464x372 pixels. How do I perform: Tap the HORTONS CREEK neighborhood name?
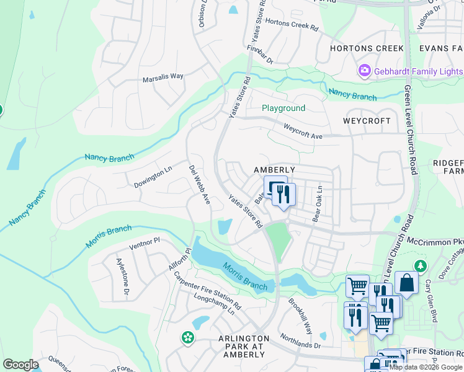pos(367,48)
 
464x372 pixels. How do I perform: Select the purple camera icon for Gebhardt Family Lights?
pos(364,72)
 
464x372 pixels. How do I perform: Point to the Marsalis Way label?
pos(163,76)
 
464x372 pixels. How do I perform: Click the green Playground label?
pos(283,108)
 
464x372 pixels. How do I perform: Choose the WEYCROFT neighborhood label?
pos(367,120)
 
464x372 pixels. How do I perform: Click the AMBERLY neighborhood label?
pos(274,169)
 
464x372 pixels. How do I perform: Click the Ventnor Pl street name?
pos(145,242)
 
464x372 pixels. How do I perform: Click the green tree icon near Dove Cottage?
pos(421,266)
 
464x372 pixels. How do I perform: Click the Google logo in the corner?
pos(20,365)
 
